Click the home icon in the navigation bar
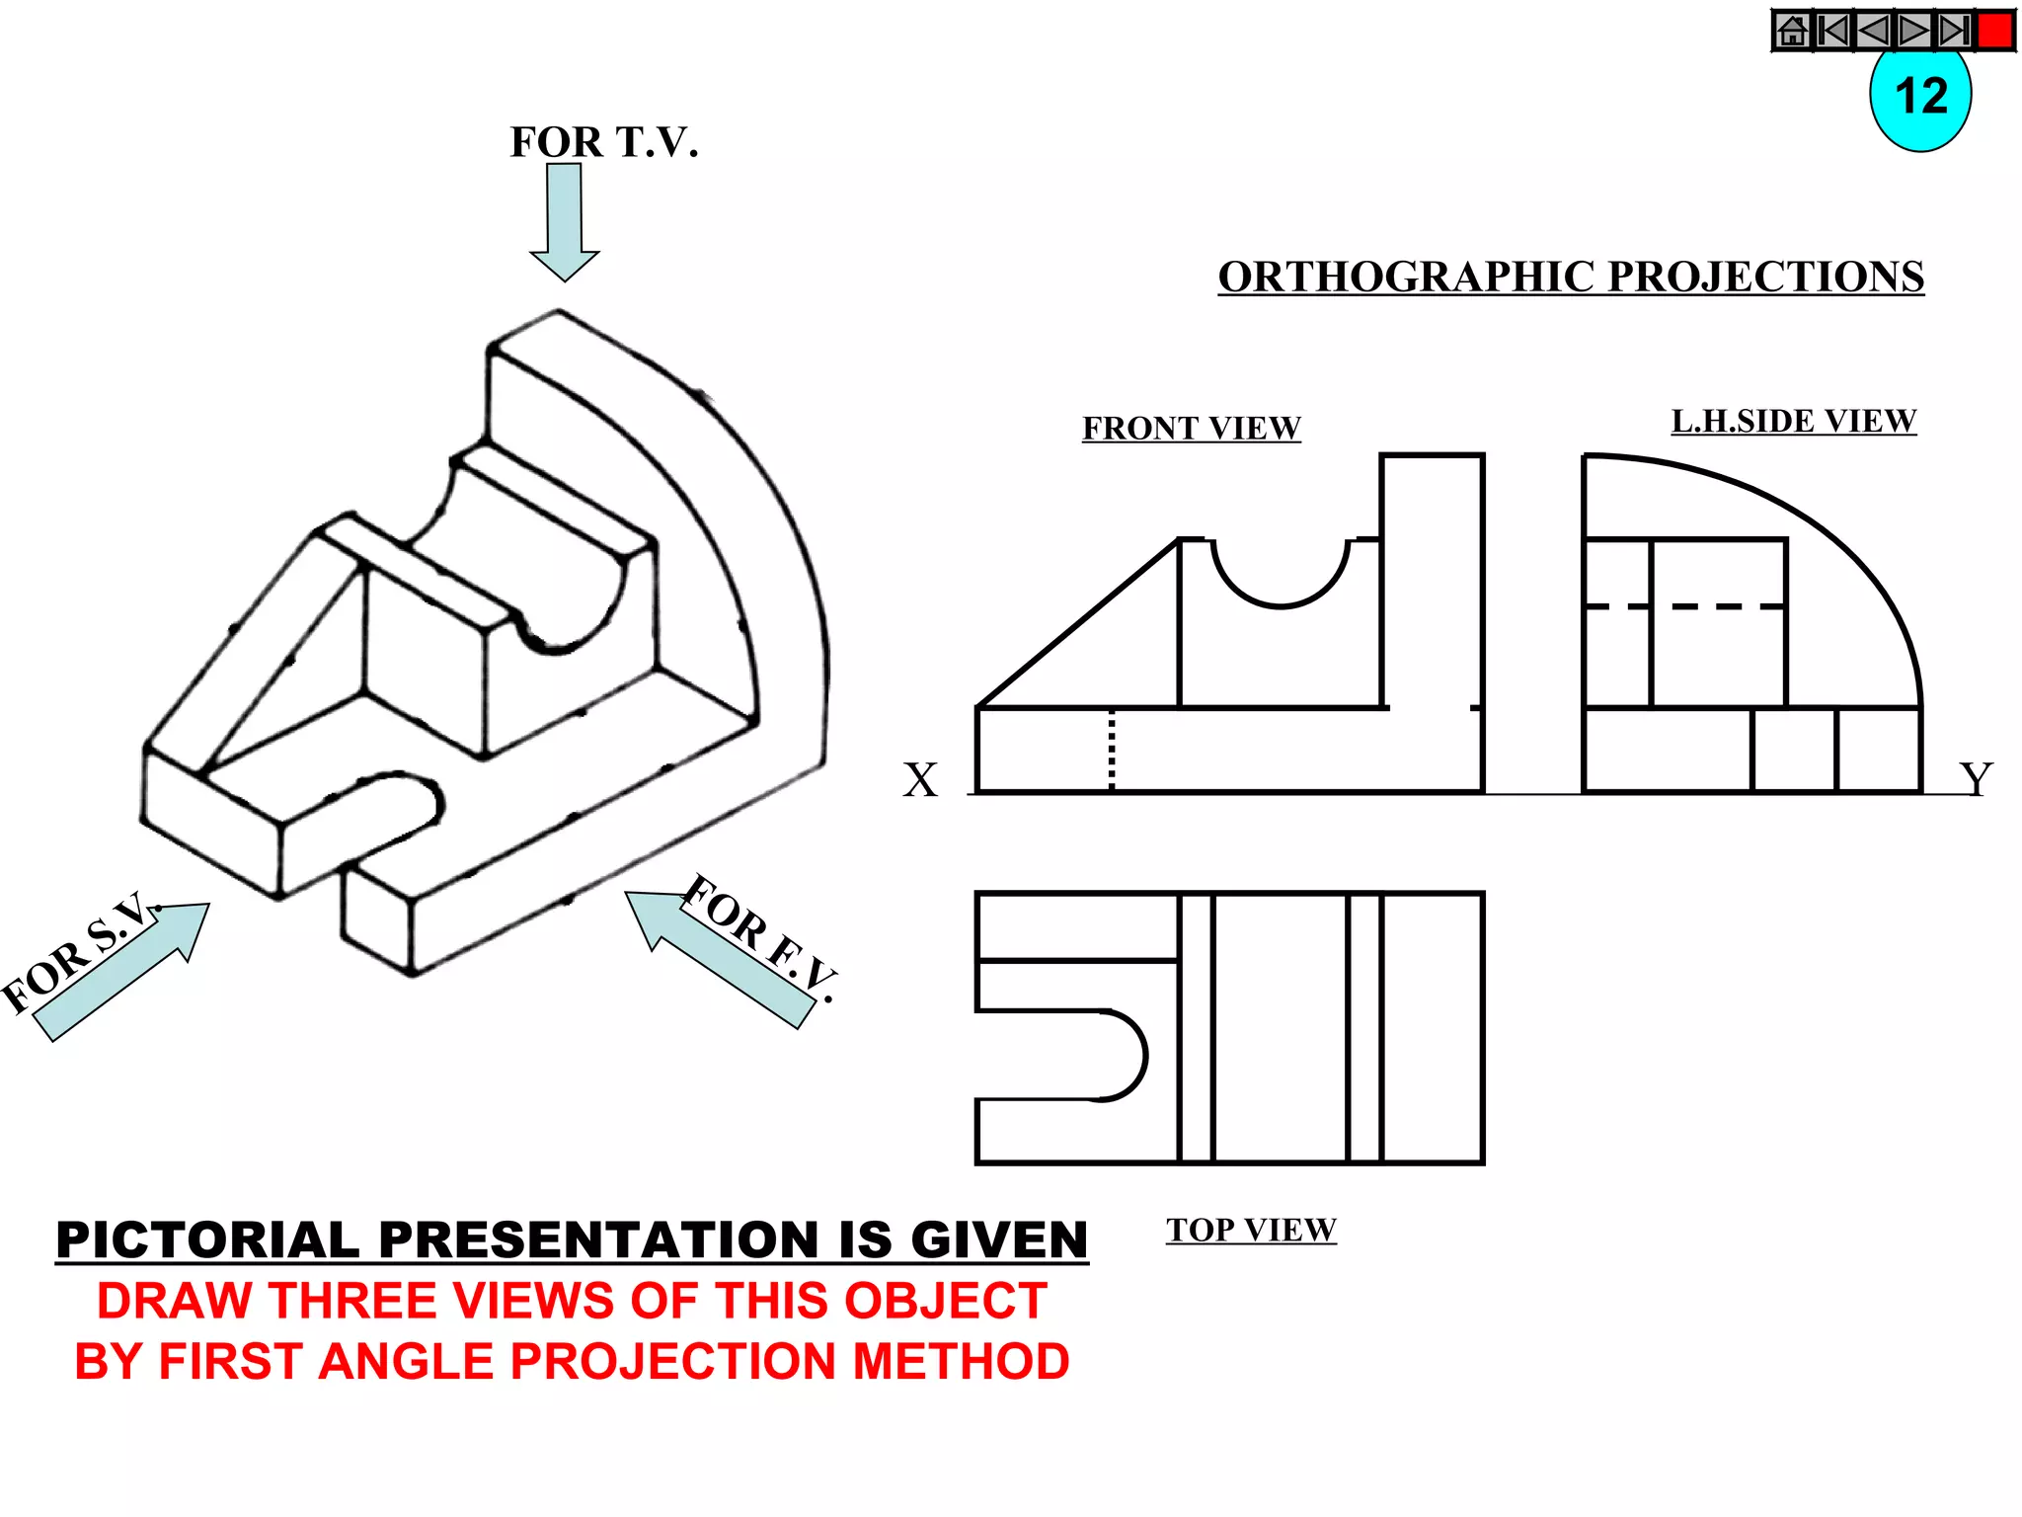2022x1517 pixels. pos(1792,31)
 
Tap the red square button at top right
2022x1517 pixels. pos(1995,31)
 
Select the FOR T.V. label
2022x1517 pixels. pos(603,143)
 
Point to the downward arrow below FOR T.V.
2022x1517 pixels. pos(565,221)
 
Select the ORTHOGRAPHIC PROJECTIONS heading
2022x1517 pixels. pos(1570,278)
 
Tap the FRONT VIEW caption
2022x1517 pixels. pos(1191,429)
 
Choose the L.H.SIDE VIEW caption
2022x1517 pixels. pos(1793,422)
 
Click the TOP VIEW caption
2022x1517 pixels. pos(1251,1231)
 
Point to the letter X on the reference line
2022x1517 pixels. pos(920,780)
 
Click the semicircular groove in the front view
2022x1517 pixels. pos(1281,583)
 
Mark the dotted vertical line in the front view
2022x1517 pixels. pos(1112,750)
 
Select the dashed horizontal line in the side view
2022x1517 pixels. pos(1683,605)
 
